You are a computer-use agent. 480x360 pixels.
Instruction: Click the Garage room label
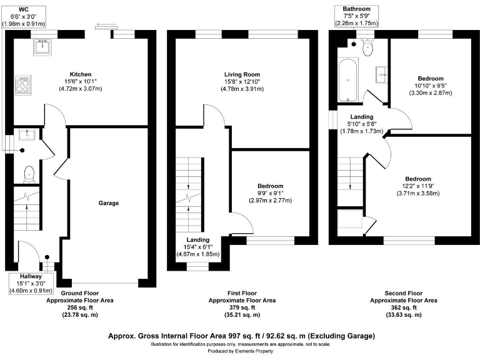pyautogui.click(x=108, y=202)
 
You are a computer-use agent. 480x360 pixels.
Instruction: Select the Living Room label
pyautogui.click(x=242, y=73)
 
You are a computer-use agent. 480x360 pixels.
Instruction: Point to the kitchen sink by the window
pyautogui.click(x=42, y=46)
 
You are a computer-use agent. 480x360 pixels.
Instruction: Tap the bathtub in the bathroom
pyautogui.click(x=347, y=80)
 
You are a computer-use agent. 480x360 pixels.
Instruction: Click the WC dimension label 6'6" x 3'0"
pyautogui.click(x=24, y=17)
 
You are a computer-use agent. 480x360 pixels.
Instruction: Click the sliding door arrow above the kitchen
pyautogui.click(x=101, y=26)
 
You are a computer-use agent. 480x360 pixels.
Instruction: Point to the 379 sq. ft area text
pyautogui.click(x=241, y=307)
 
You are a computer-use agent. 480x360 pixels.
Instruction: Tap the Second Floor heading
pyautogui.click(x=404, y=292)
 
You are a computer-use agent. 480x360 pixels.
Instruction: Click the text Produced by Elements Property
pyautogui.click(x=240, y=352)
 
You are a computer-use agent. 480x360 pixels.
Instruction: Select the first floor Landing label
pyautogui.click(x=198, y=239)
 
